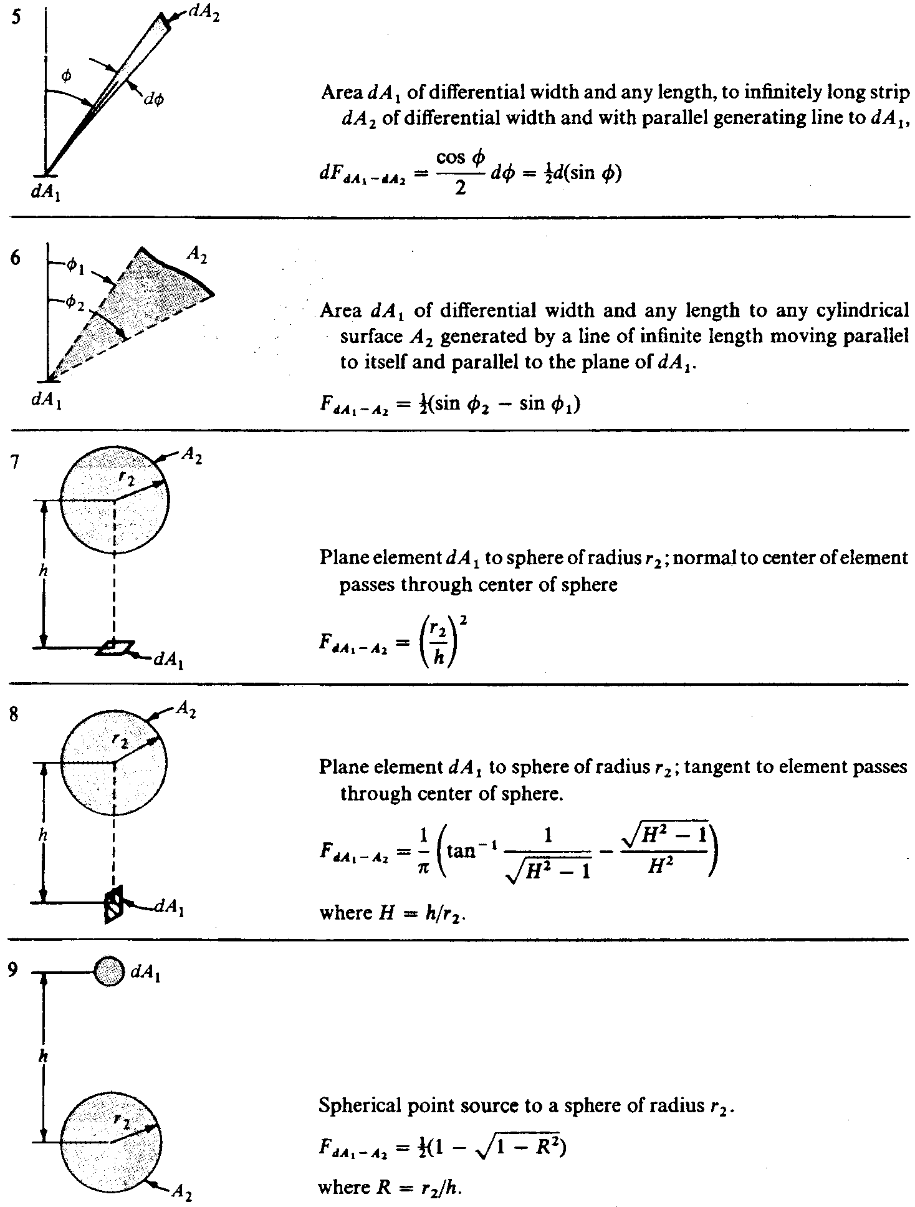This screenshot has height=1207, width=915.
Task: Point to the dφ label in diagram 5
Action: coord(153,100)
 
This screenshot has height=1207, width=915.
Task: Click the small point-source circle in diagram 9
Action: coord(109,972)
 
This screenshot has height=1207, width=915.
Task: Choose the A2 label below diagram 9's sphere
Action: coord(181,1192)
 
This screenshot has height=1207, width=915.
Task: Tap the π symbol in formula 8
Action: coord(423,868)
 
